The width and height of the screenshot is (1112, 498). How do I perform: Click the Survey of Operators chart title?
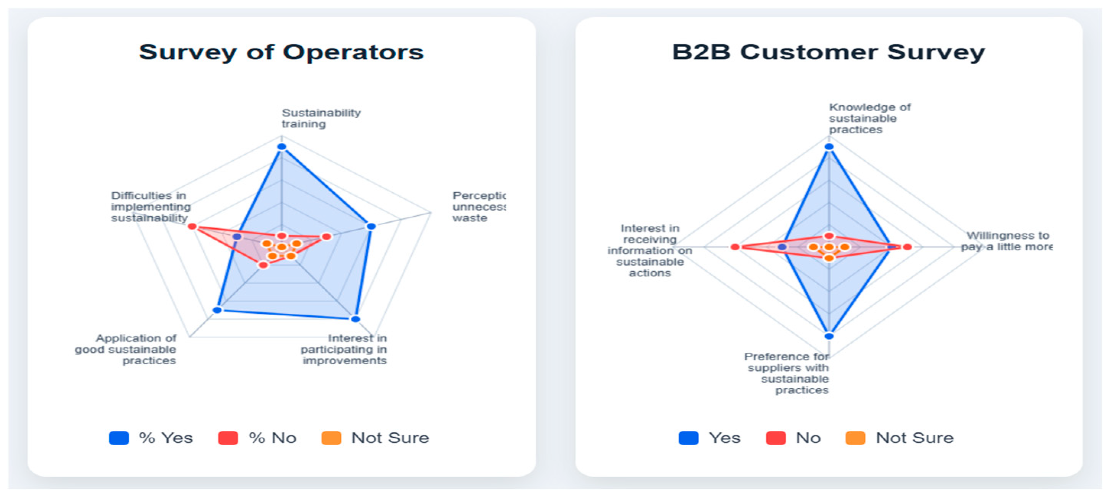coord(281,52)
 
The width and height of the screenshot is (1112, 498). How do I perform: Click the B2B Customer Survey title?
coord(828,52)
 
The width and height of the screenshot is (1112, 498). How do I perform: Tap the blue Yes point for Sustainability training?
coord(281,147)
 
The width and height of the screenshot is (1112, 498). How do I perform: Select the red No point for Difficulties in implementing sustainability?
coord(192,226)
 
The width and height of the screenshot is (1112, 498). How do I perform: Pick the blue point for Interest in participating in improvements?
coord(355,319)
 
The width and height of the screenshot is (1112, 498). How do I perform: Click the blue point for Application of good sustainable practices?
coord(218,310)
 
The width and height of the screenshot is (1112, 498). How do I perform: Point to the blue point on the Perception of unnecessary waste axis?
coord(371,226)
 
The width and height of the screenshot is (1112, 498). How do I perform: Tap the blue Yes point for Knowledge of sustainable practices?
coord(829,147)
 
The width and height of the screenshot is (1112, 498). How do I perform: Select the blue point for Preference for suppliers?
coord(829,336)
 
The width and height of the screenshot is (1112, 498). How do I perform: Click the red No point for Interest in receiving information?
coord(735,247)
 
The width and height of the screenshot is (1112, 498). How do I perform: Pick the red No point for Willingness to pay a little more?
coord(907,247)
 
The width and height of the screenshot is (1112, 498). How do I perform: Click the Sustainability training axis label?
coord(321,118)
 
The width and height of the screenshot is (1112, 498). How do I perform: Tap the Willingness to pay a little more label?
coord(1007,241)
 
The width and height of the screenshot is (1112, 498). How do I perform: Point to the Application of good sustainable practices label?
coord(126,349)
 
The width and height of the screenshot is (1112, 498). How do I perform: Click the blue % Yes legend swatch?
coord(119,438)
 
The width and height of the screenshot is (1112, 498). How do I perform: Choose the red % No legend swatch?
coord(228,438)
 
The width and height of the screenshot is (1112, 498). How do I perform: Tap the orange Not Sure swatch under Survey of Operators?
coord(331,438)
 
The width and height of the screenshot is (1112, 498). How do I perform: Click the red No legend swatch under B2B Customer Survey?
coord(775,438)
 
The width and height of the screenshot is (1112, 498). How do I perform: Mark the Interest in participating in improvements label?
coord(344,349)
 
